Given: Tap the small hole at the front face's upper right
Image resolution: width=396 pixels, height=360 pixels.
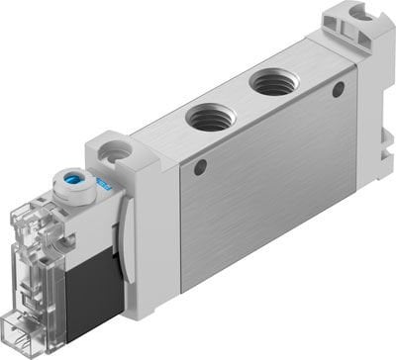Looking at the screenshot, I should (339, 89).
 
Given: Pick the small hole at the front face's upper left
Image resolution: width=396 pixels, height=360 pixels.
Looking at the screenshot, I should (201, 167).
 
